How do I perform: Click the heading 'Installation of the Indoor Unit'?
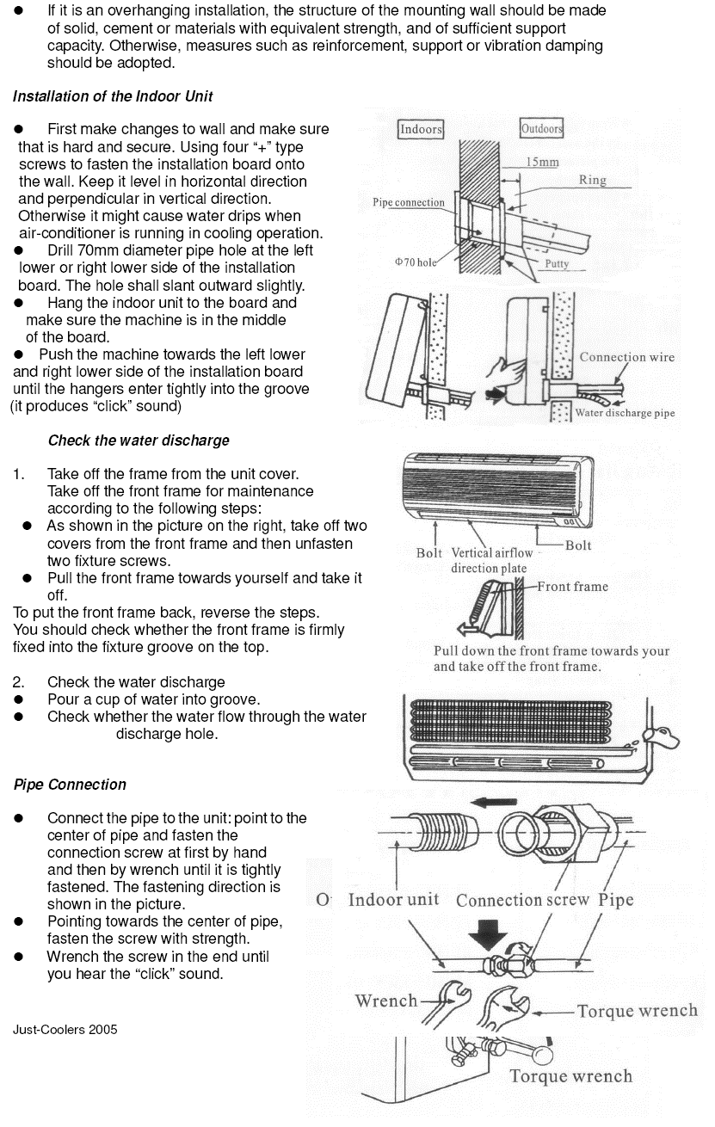(x=113, y=96)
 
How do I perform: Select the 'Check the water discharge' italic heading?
(x=139, y=440)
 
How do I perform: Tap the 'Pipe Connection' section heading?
(x=70, y=785)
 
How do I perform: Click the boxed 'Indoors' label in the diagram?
(x=421, y=129)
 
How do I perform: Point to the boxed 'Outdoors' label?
(x=542, y=129)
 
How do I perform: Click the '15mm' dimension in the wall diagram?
(x=542, y=162)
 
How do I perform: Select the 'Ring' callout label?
(x=592, y=180)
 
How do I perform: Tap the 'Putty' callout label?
(x=557, y=264)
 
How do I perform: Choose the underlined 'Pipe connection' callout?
(x=408, y=203)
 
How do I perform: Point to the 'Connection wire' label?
(x=626, y=357)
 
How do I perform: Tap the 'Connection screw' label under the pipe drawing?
(x=522, y=901)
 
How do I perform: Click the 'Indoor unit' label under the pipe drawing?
(x=393, y=900)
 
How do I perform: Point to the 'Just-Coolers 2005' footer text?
(x=65, y=1030)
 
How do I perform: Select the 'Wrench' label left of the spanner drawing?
(x=385, y=1001)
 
